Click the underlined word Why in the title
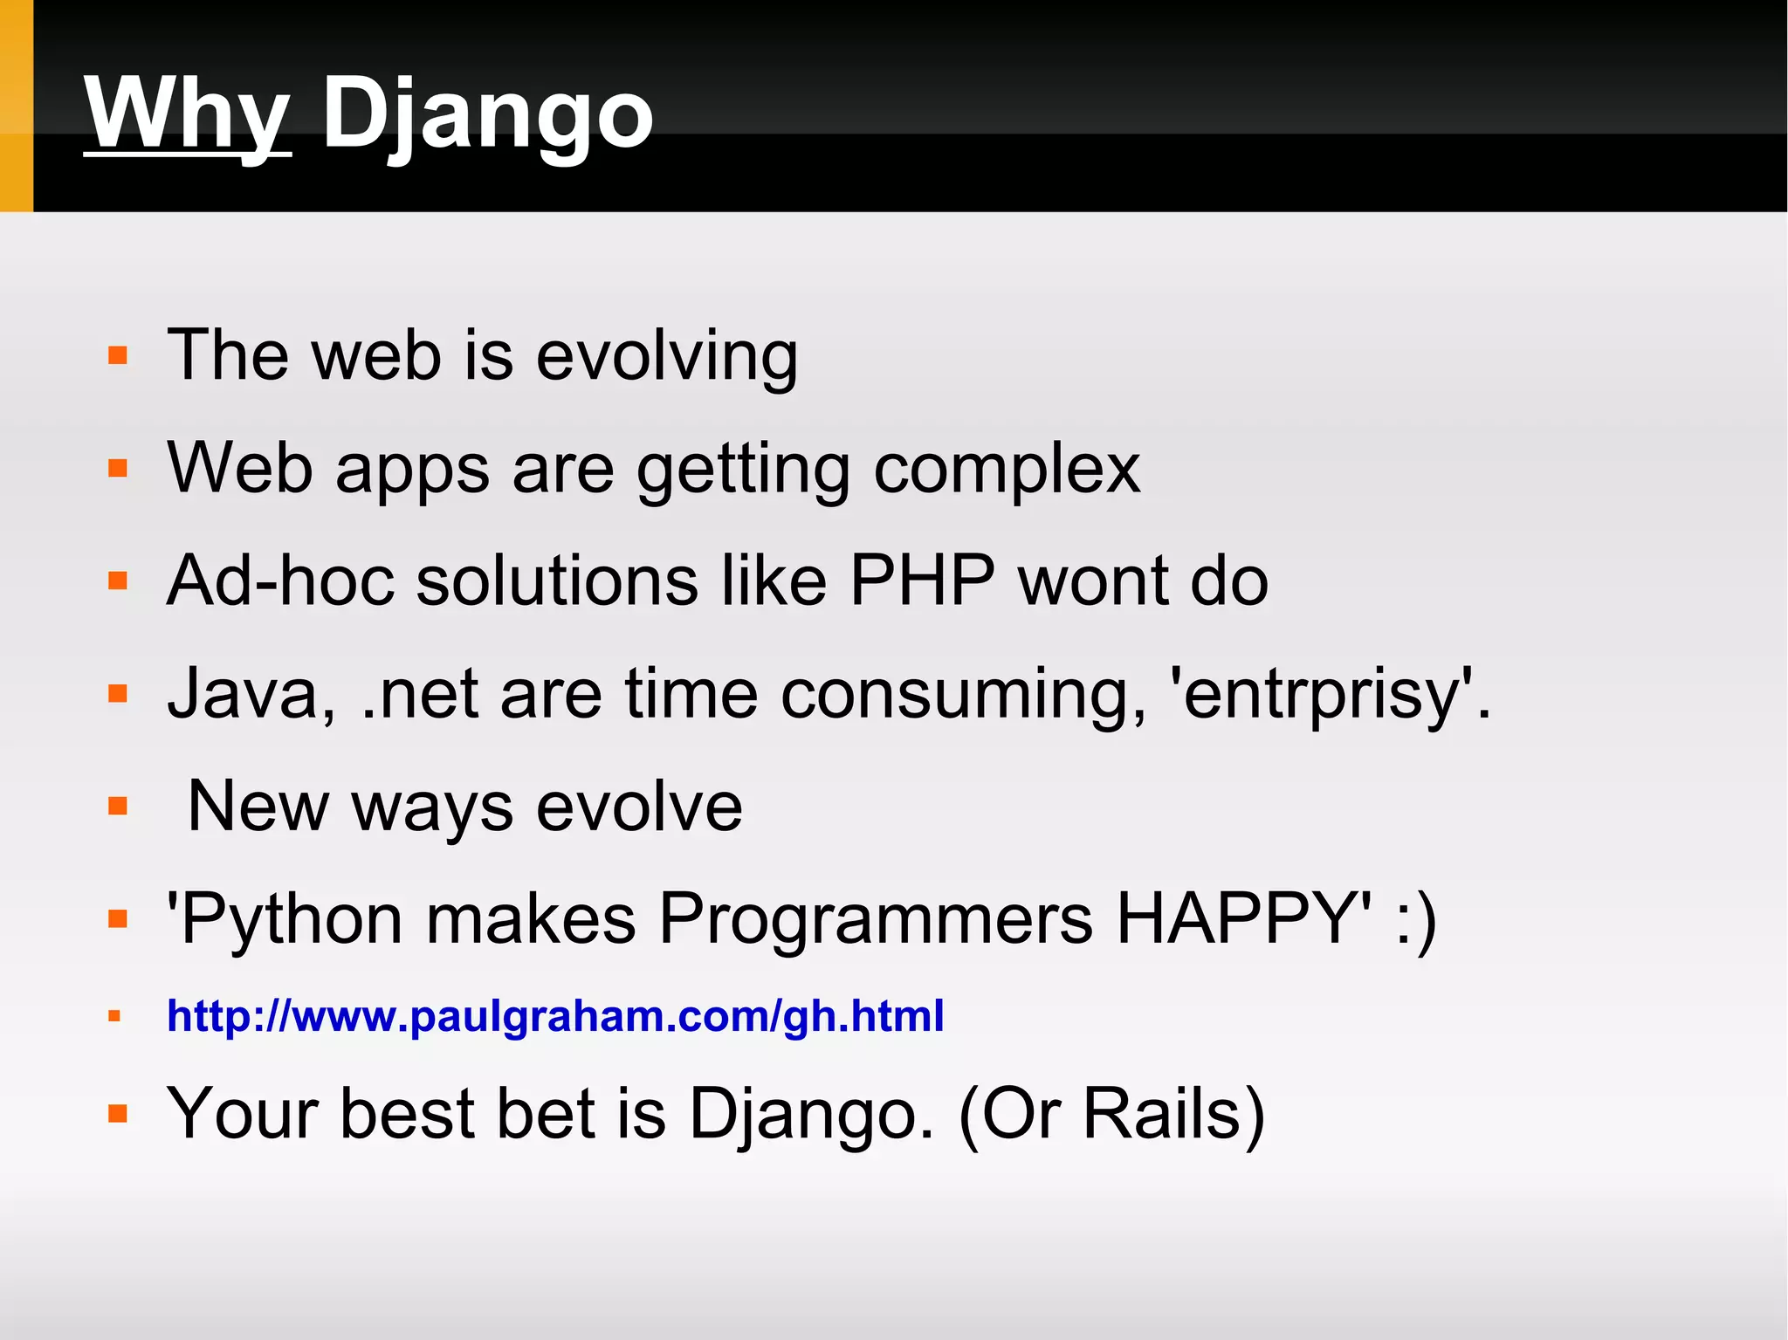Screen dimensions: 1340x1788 pyautogui.click(x=187, y=113)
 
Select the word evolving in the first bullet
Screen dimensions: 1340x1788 pyautogui.click(x=666, y=356)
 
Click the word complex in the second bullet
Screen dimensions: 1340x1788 pyautogui.click(x=1006, y=470)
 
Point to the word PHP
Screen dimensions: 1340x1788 pyautogui.click(x=922, y=581)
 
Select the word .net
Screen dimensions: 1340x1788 pyautogui.click(x=420, y=694)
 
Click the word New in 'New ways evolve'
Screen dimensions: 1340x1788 pyautogui.click(x=258, y=807)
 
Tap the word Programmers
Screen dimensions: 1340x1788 pyautogui.click(x=875, y=918)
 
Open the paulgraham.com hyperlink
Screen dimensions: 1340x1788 pyautogui.click(x=555, y=1016)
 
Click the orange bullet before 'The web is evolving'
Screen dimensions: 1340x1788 pyautogui.click(x=118, y=356)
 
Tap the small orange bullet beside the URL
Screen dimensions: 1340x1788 pyautogui.click(x=114, y=1016)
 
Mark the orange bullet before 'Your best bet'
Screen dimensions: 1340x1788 pyautogui.click(x=118, y=1114)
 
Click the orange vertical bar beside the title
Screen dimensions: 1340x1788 pyautogui.click(x=16, y=106)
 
